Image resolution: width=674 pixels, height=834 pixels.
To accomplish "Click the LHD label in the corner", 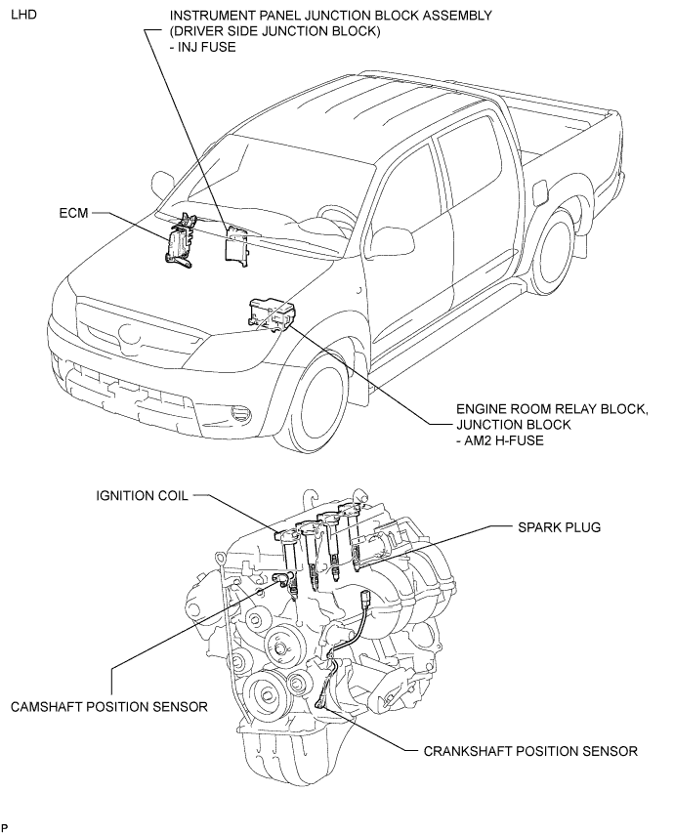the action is tap(24, 15).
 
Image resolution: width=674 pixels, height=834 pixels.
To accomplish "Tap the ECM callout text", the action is tap(74, 213).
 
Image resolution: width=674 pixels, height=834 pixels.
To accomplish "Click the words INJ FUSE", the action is tap(208, 47).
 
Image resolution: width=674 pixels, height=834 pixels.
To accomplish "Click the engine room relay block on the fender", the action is tap(271, 314).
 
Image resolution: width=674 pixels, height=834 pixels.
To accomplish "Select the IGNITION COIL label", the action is tap(142, 496).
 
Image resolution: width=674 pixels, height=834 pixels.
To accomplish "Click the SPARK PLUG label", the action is tap(559, 527).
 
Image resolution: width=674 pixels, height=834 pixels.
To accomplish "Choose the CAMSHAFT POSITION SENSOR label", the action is tap(109, 706).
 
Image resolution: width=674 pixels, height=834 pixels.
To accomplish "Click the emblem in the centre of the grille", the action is tap(130, 335).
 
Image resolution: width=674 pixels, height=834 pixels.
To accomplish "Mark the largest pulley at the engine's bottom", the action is tap(265, 694).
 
